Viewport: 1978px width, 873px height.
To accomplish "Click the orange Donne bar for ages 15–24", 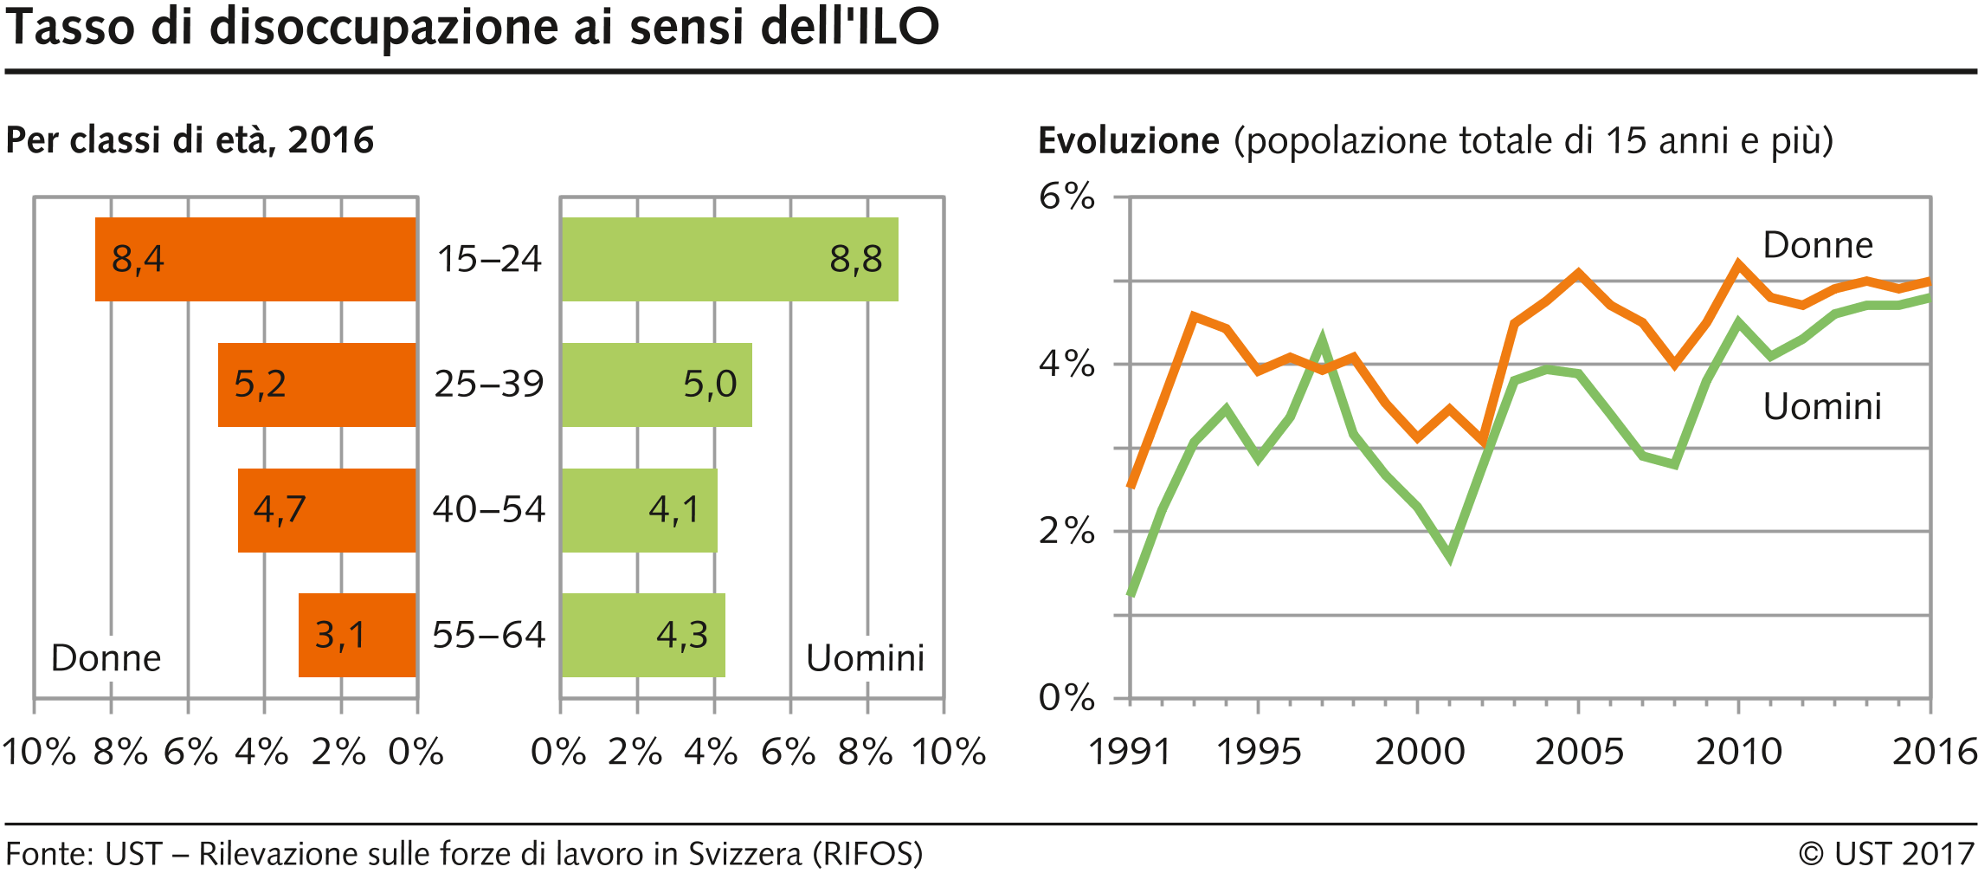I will point(255,259).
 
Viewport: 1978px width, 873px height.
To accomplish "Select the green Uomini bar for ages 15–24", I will point(729,259).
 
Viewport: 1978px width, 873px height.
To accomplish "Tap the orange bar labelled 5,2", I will point(317,385).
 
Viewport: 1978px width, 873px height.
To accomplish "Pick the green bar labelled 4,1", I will point(639,510).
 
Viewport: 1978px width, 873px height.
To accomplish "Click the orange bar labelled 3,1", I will point(357,635).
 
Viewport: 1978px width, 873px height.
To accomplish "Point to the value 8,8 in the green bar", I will point(855,259).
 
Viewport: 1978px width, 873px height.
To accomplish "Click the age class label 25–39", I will point(488,384).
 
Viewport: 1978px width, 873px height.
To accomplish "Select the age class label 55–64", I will point(488,635).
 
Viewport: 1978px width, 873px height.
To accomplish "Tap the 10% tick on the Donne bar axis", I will point(38,752).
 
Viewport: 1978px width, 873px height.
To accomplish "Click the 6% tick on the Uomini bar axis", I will point(788,752).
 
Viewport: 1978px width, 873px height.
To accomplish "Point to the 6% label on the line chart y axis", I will point(1066,197).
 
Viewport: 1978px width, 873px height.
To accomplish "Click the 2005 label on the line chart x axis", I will point(1579,752).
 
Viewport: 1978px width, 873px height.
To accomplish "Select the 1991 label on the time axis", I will point(1129,752).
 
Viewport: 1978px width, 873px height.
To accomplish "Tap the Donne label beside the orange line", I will point(1818,245).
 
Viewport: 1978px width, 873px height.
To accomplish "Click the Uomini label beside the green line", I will point(1822,406).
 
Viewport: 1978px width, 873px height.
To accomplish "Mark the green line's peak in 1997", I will point(1321,339).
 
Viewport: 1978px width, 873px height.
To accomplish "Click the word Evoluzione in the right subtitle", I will point(1128,140).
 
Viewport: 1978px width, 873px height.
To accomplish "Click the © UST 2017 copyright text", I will point(1886,854).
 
